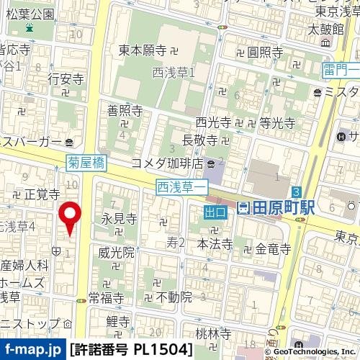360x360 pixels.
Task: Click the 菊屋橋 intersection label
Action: (x=86, y=163)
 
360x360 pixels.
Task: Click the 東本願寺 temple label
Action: (x=143, y=50)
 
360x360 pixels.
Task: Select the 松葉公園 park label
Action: (x=27, y=14)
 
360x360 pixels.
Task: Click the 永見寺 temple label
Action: (x=119, y=218)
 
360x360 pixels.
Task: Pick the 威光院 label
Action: (x=117, y=253)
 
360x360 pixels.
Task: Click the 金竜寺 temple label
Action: (x=273, y=249)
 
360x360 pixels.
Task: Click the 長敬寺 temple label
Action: (x=200, y=138)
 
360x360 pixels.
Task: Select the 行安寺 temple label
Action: (x=66, y=78)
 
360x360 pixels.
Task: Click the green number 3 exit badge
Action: (x=296, y=191)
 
